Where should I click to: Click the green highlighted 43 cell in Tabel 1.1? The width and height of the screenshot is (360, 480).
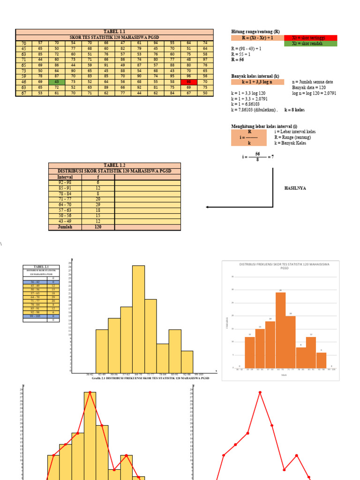(x=56, y=82)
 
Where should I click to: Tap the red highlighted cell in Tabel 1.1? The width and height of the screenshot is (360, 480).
(x=189, y=82)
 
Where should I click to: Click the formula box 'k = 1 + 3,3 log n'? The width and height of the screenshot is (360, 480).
(x=257, y=82)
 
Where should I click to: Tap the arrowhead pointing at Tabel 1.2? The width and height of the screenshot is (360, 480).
(x=207, y=207)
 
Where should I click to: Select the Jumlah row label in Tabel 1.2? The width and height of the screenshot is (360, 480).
(x=65, y=227)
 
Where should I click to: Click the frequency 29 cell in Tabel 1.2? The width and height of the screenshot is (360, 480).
(x=98, y=205)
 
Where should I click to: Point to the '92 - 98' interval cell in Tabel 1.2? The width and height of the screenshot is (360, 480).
(x=65, y=183)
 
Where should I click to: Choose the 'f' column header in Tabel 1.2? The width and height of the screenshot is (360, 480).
(x=98, y=177)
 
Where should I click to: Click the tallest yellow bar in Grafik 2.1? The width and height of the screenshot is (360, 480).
(x=138, y=319)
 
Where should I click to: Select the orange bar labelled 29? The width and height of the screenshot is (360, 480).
(x=280, y=330)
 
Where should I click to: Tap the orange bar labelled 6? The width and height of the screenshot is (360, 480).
(x=321, y=360)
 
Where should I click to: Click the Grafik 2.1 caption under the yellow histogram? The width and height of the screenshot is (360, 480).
(x=150, y=377)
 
